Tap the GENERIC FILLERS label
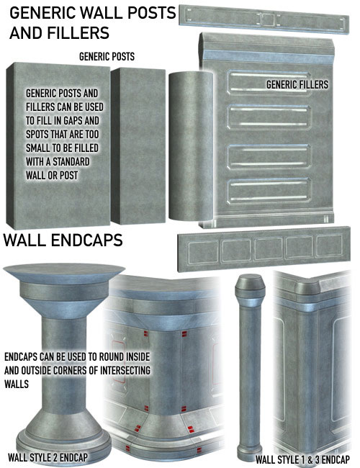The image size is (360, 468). pos(297,84)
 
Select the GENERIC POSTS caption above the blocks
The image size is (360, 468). pos(107,56)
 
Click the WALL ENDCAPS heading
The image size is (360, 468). pos(63,240)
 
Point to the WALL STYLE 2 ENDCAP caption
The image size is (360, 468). pos(48,457)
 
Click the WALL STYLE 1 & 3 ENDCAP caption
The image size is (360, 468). pos(302,459)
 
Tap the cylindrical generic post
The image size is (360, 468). pos(191,146)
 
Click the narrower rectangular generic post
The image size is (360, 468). pos(138,146)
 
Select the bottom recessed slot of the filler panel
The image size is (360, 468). pos(269,191)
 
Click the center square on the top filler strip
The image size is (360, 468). pos(267,20)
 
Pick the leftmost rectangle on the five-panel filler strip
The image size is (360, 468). pos(203,253)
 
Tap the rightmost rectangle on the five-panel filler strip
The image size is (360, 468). pos(329,246)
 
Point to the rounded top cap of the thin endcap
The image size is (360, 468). pos(250,286)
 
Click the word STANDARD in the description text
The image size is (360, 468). pos(71,162)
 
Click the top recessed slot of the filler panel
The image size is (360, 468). pos(269,83)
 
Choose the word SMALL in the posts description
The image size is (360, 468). pos(37,148)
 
